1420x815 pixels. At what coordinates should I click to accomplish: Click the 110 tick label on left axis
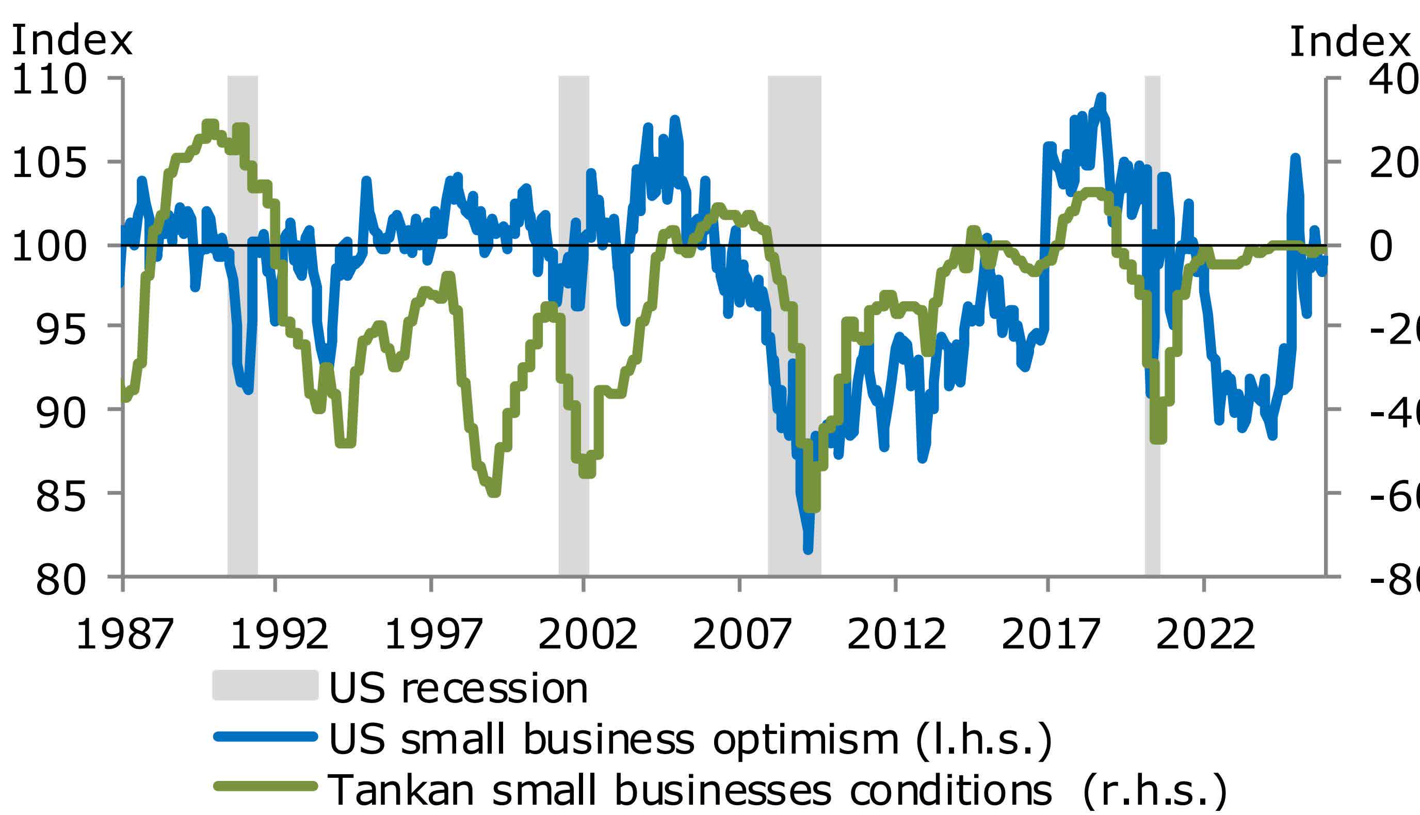click(49, 80)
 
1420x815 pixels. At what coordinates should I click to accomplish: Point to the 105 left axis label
click(49, 164)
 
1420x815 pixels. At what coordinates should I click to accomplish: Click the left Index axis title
click(72, 41)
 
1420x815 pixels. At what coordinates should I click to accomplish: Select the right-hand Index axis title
click(1349, 41)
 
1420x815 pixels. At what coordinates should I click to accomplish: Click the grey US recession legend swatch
click(265, 685)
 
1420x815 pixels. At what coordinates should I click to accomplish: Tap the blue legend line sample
click(265, 737)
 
